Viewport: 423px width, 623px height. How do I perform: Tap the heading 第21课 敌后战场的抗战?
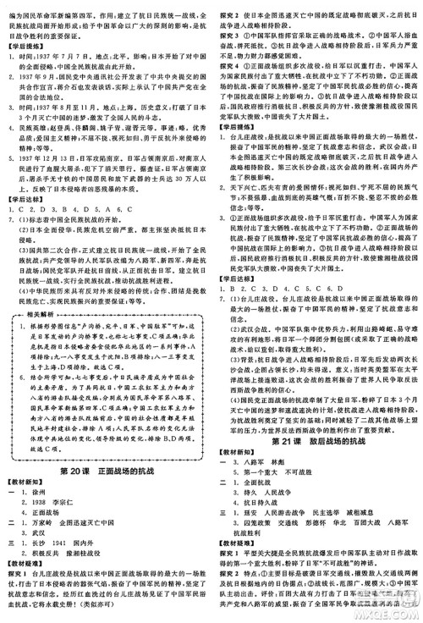tap(318, 442)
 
